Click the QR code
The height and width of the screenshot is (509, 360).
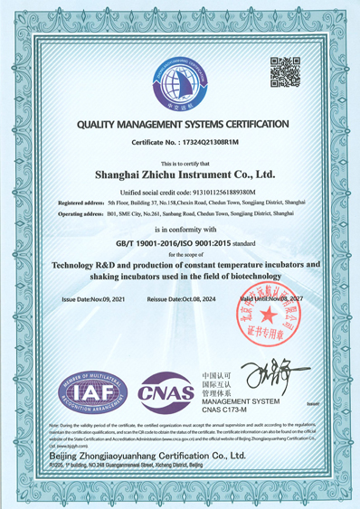pos(285,71)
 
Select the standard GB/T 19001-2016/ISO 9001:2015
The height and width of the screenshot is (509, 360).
pos(168,243)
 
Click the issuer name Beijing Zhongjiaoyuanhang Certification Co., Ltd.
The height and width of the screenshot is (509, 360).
pos(160,458)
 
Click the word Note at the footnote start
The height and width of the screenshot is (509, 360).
pos(63,424)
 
